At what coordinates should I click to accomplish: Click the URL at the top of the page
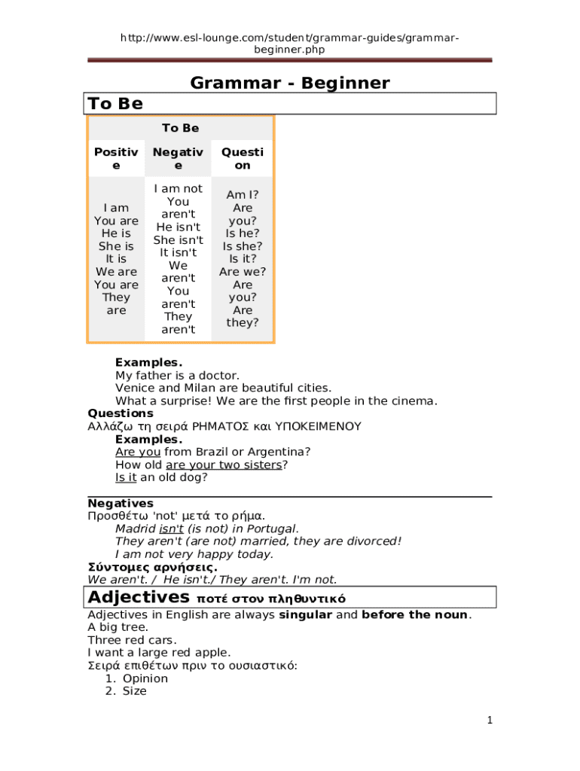click(x=289, y=44)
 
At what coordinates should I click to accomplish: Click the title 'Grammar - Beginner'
click(x=290, y=83)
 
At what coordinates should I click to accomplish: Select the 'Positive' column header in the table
click(x=116, y=158)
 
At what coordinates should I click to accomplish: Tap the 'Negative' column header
click(x=178, y=158)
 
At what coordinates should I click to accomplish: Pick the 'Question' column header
click(x=243, y=158)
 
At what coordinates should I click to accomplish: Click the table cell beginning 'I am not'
click(x=178, y=259)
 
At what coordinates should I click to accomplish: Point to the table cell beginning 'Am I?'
click(x=243, y=259)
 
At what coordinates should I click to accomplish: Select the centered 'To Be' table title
click(x=181, y=128)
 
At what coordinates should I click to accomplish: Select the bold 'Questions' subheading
click(x=121, y=413)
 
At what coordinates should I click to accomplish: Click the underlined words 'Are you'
click(x=138, y=452)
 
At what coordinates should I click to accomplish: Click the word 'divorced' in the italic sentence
click(x=372, y=541)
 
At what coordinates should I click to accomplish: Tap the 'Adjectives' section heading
click(x=139, y=598)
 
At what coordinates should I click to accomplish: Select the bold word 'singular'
click(x=306, y=615)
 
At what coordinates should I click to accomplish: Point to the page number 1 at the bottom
click(x=489, y=721)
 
